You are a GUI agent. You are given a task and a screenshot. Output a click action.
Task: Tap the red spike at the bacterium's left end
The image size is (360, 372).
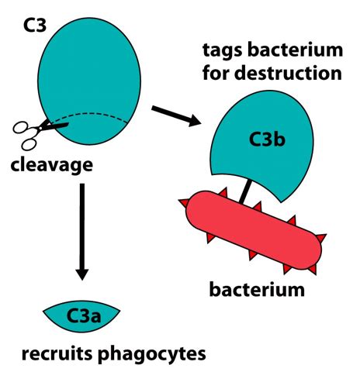coord(184,203)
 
